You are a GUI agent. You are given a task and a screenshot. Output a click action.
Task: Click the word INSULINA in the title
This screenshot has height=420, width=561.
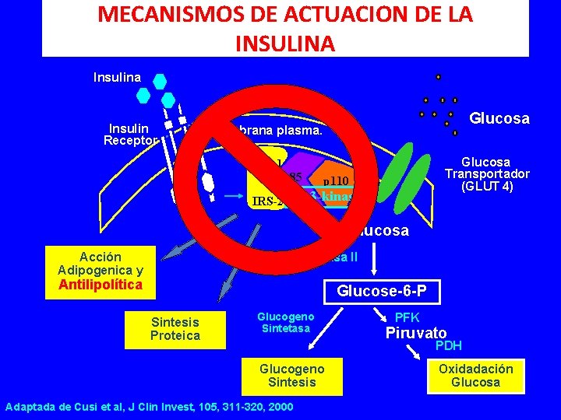(x=284, y=42)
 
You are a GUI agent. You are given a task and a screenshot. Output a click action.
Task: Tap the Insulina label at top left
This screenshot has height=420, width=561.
(x=117, y=77)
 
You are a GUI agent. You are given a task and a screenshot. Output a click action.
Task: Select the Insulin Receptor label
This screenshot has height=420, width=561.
(x=131, y=134)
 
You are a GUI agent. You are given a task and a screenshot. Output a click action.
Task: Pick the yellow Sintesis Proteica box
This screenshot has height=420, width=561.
(x=175, y=329)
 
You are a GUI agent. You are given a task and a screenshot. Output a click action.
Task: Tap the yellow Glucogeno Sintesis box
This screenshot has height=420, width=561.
(x=291, y=374)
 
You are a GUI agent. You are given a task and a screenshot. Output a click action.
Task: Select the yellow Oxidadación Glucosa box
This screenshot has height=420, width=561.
(x=475, y=375)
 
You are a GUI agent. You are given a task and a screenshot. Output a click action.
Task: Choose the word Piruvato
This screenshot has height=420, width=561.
(x=416, y=332)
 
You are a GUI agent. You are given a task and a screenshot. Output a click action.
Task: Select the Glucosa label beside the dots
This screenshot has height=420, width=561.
(x=499, y=118)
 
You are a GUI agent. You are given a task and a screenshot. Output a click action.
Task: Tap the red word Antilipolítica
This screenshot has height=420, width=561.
(x=101, y=285)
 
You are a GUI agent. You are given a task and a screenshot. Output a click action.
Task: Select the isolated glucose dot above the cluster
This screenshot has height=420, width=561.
(x=438, y=77)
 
